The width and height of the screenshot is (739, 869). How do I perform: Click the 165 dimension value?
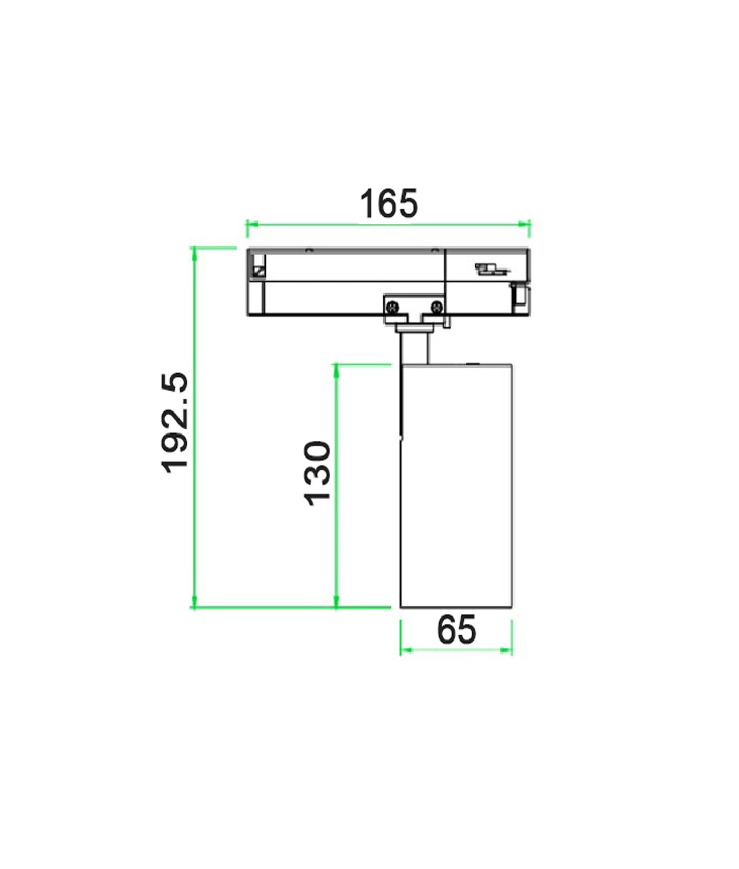(389, 203)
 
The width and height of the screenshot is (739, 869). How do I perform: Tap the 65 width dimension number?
(456, 630)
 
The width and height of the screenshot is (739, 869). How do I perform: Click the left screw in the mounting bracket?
(393, 307)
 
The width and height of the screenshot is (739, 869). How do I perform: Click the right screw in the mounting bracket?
(436, 307)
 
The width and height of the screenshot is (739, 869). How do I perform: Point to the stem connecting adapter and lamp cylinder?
(413, 348)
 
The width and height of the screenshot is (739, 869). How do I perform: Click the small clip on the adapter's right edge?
(521, 296)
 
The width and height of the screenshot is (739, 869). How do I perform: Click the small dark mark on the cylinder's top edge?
(472, 364)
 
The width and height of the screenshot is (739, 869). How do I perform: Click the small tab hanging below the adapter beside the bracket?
(447, 322)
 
